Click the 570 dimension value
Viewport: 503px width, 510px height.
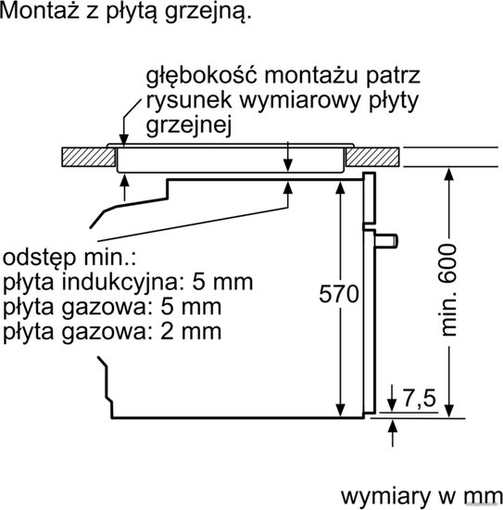coord(339,294)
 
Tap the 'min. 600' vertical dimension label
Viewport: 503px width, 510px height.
coord(449,290)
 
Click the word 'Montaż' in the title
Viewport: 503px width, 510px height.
coord(39,10)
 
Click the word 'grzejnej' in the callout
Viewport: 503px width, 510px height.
coord(189,125)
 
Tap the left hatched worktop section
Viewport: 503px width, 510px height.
coord(88,157)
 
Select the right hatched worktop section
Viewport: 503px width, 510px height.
coord(372,157)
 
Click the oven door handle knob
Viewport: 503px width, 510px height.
coord(386,241)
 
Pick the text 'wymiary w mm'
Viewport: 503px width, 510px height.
coord(421,496)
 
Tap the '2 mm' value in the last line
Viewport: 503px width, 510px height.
coord(191,332)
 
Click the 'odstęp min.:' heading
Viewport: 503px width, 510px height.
coord(69,258)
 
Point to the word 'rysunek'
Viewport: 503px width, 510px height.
coord(189,101)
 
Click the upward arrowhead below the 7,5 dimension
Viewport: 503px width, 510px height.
coord(393,426)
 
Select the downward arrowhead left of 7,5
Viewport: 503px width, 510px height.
coord(392,405)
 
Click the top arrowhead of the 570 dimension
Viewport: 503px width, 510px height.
coord(340,188)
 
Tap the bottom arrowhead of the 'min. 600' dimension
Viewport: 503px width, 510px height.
coord(448,410)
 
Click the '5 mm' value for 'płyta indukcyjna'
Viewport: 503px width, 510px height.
coord(222,282)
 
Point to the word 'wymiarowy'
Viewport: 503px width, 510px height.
coord(300,101)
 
